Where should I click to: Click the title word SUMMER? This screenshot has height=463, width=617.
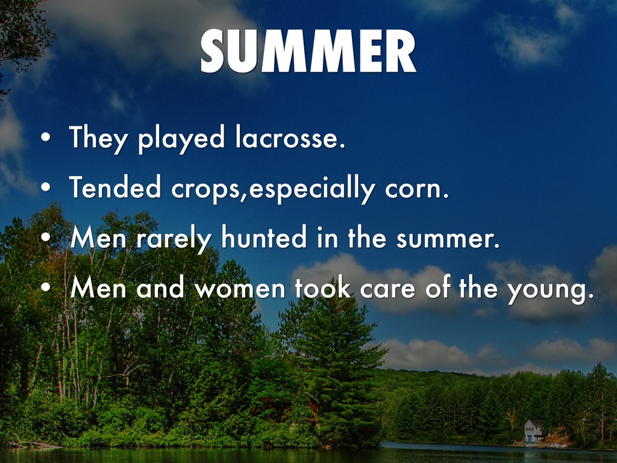tap(308, 51)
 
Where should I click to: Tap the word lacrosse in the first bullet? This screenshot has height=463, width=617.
tap(290, 137)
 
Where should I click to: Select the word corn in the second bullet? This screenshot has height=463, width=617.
tap(417, 189)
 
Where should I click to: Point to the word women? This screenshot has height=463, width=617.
tap(240, 289)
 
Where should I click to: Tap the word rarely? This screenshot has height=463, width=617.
tap(174, 239)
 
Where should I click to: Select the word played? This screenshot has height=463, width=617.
tap(181, 139)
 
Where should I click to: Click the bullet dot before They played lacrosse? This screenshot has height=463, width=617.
tap(46, 137)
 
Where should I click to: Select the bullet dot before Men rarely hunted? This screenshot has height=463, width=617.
tap(46, 238)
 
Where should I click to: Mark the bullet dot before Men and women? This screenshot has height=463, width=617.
tap(46, 288)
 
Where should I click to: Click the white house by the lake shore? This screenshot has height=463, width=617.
tap(534, 430)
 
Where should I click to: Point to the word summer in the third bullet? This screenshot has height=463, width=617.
tap(448, 239)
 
